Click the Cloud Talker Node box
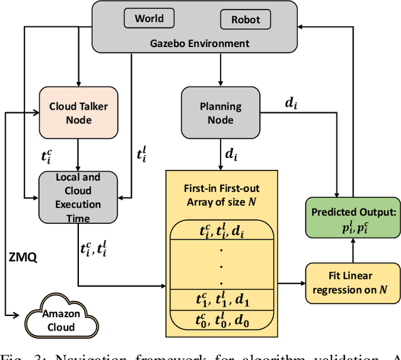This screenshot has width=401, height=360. click(79, 112)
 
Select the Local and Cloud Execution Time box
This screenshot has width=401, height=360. click(77, 198)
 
